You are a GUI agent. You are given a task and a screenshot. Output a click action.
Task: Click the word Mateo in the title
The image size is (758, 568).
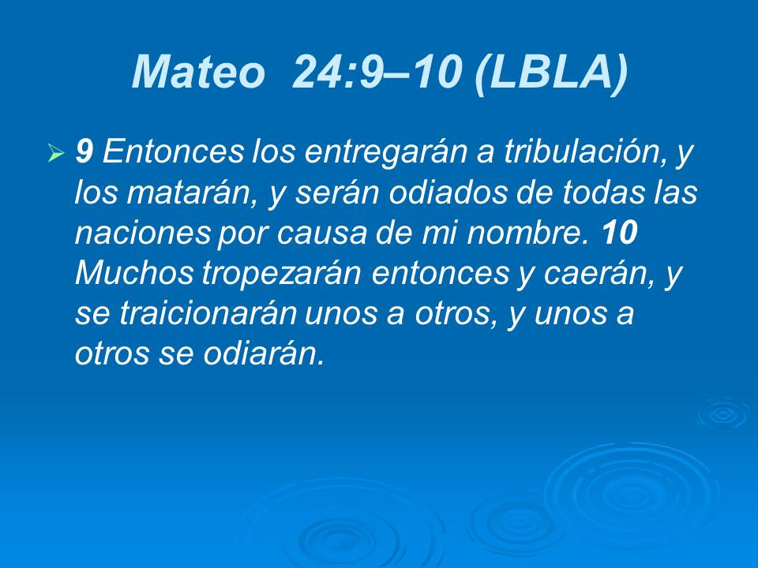[198, 73]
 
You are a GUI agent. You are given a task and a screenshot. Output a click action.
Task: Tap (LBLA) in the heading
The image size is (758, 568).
[552, 73]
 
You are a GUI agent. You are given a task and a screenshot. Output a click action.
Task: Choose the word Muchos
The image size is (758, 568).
[133, 274]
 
